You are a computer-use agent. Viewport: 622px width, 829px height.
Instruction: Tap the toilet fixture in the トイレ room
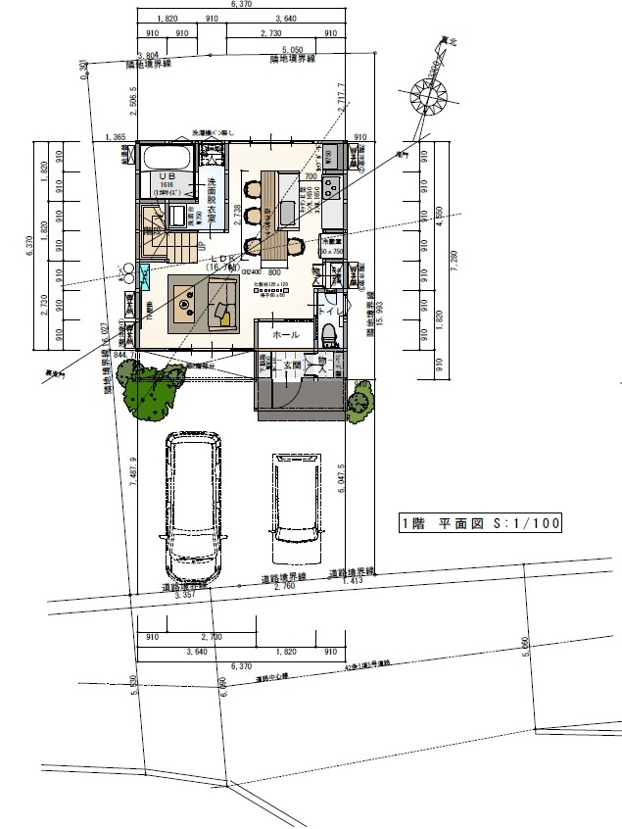point(329,333)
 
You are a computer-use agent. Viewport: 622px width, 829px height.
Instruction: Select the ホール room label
point(285,334)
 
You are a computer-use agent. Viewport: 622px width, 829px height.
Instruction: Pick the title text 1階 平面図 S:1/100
point(480,524)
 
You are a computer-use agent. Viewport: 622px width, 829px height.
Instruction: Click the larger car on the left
point(194,505)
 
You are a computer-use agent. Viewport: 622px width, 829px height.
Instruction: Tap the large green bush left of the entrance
point(148,389)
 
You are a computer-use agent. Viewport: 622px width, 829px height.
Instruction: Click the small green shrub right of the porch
point(360,398)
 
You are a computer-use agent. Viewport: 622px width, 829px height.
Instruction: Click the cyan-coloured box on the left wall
point(144,274)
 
